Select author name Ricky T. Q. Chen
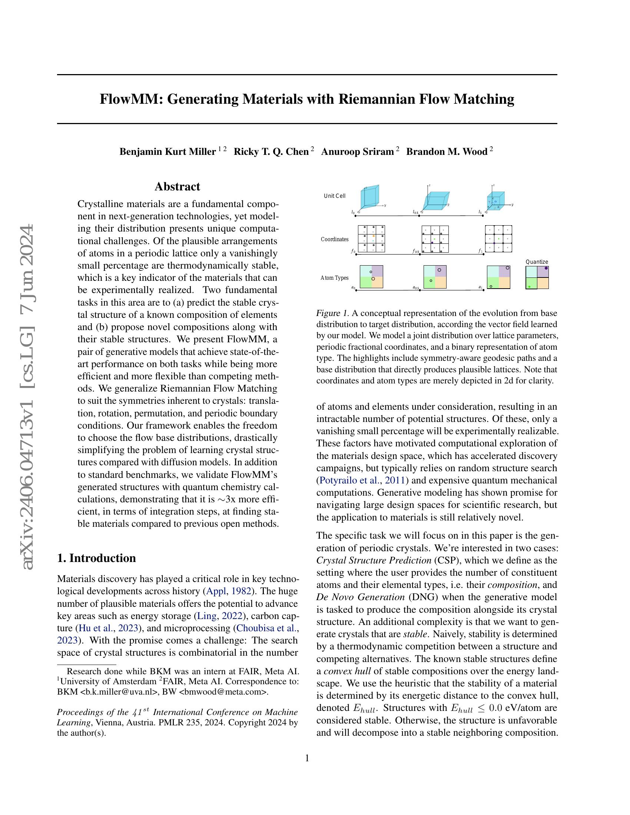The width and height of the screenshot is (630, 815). pyautogui.click(x=271, y=152)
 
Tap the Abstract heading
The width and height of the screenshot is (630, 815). pyautogui.click(x=177, y=187)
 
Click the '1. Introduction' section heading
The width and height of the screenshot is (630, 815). pyautogui.click(x=96, y=558)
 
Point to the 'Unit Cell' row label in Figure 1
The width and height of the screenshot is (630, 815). pyautogui.click(x=334, y=196)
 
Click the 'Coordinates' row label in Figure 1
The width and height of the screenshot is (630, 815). pyautogui.click(x=334, y=239)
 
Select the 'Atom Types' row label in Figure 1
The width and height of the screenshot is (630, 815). pyautogui.click(x=334, y=278)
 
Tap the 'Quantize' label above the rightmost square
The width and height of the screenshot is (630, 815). pyautogui.click(x=537, y=262)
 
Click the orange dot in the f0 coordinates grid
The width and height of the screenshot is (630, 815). pyautogui.click(x=374, y=236)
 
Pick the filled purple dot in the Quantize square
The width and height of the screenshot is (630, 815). pyautogui.click(x=546, y=268)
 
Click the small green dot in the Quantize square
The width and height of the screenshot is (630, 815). pyautogui.click(x=529, y=287)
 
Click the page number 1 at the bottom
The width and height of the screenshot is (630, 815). pyautogui.click(x=307, y=758)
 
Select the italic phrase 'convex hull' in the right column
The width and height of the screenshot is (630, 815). pyautogui.click(x=347, y=671)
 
